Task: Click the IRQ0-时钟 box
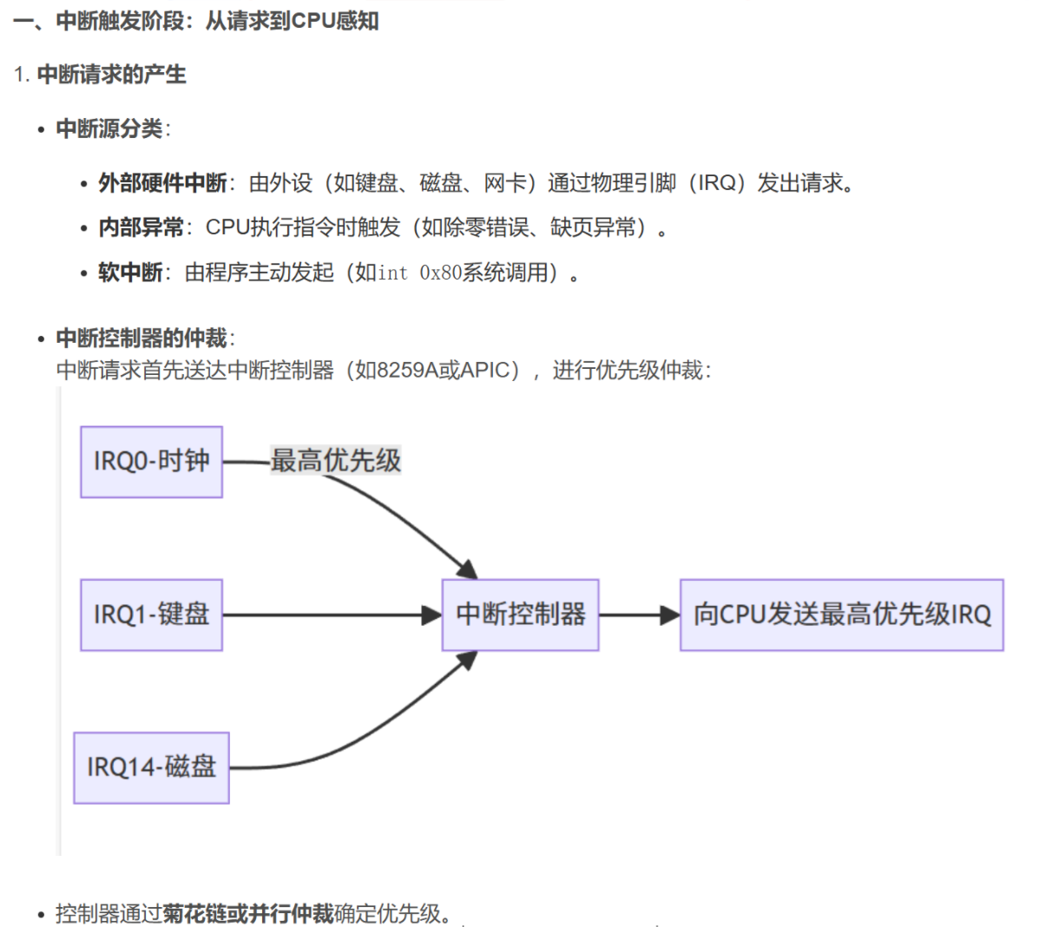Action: click(151, 462)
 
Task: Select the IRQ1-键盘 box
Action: click(151, 615)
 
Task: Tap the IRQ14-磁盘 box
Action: click(151, 767)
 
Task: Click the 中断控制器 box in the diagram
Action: click(520, 615)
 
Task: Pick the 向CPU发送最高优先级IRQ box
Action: click(841, 615)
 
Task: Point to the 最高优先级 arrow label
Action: click(336, 460)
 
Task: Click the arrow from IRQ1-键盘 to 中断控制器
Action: click(330, 615)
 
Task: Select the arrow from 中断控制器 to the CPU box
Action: click(638, 615)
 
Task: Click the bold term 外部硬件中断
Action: click(162, 183)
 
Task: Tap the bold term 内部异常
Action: click(141, 227)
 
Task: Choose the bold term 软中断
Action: click(130, 273)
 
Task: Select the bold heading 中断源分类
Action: click(109, 128)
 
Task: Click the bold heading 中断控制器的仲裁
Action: click(141, 338)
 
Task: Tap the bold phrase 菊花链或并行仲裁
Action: click(248, 913)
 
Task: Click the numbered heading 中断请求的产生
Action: click(111, 75)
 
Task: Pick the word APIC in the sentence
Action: click(489, 371)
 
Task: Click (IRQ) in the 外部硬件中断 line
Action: click(717, 183)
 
